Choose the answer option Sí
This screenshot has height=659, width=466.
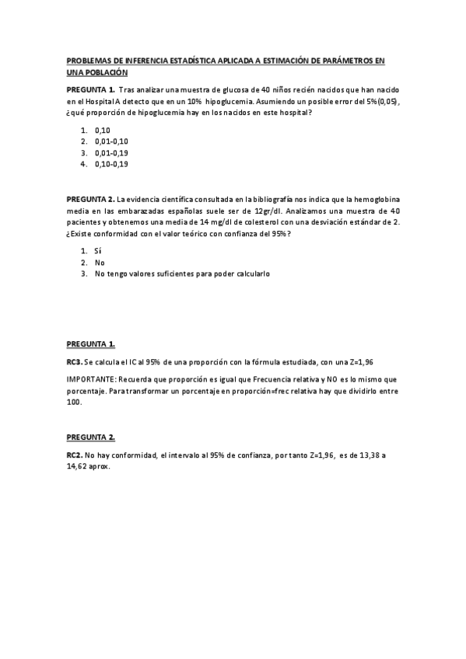pyautogui.click(x=98, y=250)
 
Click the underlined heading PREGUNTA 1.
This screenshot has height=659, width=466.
pyautogui.click(x=91, y=343)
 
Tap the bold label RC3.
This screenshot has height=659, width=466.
pyautogui.click(x=74, y=362)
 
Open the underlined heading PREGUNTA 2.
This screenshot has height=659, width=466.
pyautogui.click(x=91, y=437)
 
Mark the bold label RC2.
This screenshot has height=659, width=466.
pyautogui.click(x=74, y=455)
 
